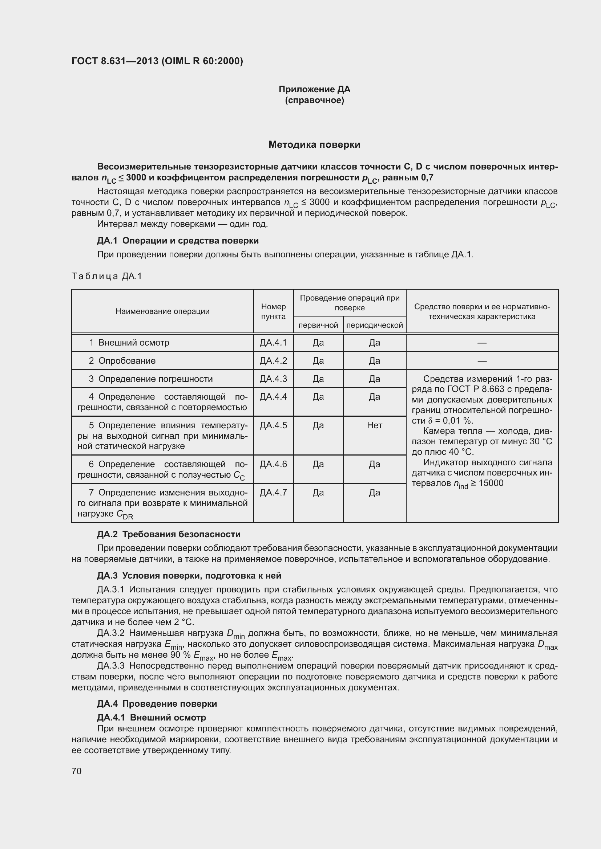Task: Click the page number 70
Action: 77,771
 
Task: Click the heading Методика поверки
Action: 314,144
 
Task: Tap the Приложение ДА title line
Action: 314,89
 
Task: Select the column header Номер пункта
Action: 273,311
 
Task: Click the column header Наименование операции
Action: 162,311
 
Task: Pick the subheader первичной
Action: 318,325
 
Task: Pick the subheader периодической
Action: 374,325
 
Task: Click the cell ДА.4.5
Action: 273,425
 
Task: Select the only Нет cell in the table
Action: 374,425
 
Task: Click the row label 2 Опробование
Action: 122,360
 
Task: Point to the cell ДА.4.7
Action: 273,493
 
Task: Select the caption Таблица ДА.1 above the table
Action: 106,276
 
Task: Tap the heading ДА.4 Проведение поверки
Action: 157,704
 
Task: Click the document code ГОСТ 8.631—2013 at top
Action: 115,61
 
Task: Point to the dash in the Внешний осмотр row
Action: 481,343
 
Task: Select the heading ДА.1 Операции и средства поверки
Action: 178,241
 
